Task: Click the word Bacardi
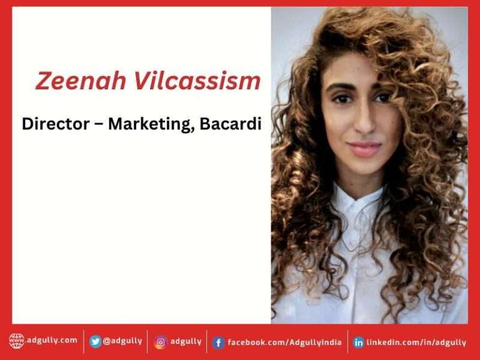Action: pyautogui.click(x=231, y=124)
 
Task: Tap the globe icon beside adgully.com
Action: pyautogui.click(x=17, y=341)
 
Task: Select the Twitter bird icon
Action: pyautogui.click(x=95, y=341)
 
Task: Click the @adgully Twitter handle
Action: pyautogui.click(x=122, y=341)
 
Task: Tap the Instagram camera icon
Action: pyautogui.click(x=161, y=342)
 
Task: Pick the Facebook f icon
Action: pyautogui.click(x=218, y=342)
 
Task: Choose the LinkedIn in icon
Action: pyautogui.click(x=359, y=342)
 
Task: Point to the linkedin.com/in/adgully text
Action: pyautogui.click(x=416, y=342)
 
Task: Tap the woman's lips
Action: pyautogui.click(x=364, y=149)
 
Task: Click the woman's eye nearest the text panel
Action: pyautogui.click(x=342, y=99)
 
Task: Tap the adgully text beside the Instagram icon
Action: pyautogui.click(x=186, y=341)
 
